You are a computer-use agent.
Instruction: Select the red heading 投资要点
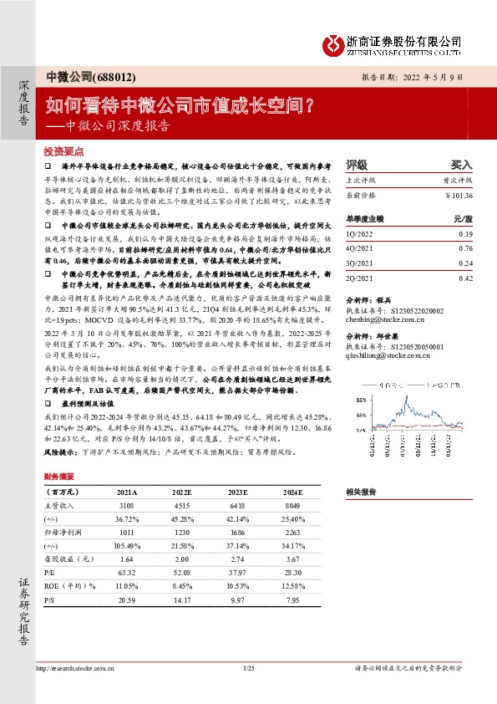point(63,151)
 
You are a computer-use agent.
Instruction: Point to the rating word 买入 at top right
point(461,164)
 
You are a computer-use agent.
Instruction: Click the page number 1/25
point(248,668)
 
